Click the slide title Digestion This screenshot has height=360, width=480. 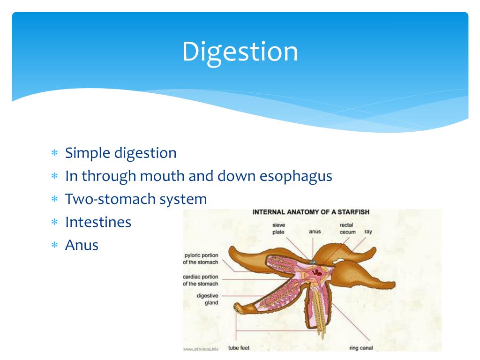[x=240, y=52]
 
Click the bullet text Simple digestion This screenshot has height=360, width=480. [x=121, y=153]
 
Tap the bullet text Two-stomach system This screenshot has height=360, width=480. [x=136, y=199]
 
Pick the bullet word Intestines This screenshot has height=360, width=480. [x=98, y=222]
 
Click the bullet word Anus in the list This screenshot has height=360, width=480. [x=82, y=245]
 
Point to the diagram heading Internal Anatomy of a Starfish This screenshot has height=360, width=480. [x=311, y=212]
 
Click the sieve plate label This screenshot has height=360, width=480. [x=278, y=229]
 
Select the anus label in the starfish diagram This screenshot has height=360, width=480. [x=315, y=232]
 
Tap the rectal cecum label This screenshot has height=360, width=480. [x=347, y=229]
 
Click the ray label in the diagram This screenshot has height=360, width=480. [x=368, y=232]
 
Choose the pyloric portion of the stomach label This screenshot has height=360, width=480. [x=201, y=259]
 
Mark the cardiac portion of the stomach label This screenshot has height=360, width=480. [x=201, y=280]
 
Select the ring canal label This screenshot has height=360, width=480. [x=360, y=348]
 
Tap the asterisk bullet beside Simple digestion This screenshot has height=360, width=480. [x=54, y=154]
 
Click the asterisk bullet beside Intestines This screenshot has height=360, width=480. [x=54, y=223]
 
